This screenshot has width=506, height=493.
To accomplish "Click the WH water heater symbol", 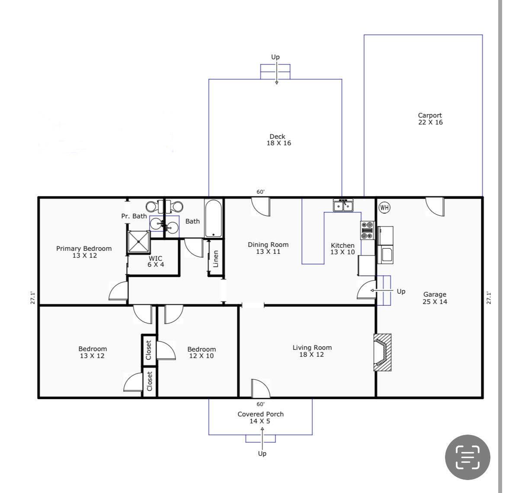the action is point(384,208).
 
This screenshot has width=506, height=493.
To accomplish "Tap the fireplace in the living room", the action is point(382,352).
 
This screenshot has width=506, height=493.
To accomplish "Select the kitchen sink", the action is point(343,205).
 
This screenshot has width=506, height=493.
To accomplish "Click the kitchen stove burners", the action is point(367,230).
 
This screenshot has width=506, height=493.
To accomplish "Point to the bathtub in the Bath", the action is point(213,218).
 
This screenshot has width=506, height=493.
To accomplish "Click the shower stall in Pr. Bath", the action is point(139,241).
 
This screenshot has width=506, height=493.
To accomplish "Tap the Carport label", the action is point(430,115).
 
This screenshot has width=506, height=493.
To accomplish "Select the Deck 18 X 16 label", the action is point(279,140).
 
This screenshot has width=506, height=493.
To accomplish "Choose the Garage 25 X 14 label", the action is point(435,298).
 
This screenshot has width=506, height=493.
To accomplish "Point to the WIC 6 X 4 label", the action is point(156,261).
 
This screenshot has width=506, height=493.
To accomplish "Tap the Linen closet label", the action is point(215,259).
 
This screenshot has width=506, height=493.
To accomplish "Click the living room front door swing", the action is point(261,388).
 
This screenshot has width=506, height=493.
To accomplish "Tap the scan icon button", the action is point(468,457).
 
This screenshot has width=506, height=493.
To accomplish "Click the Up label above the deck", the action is point(275,57).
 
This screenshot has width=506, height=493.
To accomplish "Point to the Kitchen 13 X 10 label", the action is point(343,249).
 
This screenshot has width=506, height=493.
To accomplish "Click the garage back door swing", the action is point(435,207).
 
